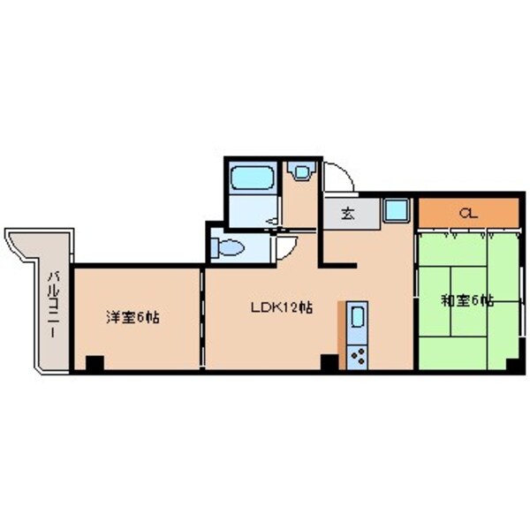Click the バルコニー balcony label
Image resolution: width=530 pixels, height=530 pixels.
(52, 304)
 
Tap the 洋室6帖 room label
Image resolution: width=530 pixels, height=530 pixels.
(132, 315)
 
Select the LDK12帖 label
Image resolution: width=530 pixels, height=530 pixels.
(279, 307)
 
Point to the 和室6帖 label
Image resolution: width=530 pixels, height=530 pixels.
(468, 300)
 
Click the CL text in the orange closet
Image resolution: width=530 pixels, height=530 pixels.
(468, 213)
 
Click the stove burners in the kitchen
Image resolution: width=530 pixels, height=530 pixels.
(360, 358)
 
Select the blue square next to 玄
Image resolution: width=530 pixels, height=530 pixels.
(395, 210)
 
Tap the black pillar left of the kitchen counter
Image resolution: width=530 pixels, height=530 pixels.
(329, 361)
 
